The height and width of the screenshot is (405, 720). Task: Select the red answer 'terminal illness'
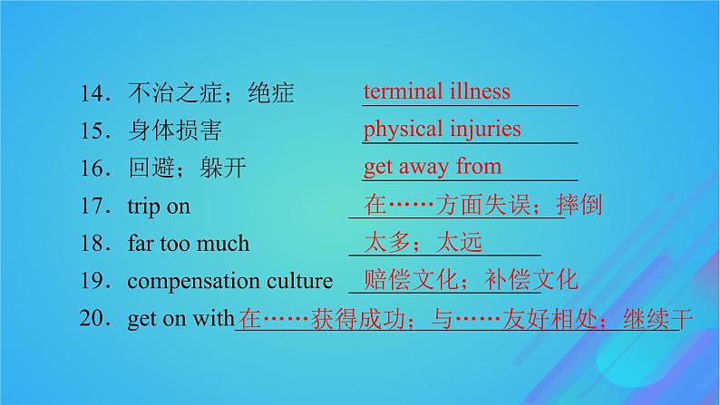[x=436, y=92]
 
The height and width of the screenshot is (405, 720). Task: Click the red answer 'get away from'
[x=432, y=167]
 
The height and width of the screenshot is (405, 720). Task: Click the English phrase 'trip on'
[x=159, y=207]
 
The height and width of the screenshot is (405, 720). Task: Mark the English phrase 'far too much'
[x=188, y=244]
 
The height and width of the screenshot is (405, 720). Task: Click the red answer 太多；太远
[x=423, y=242]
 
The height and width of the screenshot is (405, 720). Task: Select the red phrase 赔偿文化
[x=399, y=279]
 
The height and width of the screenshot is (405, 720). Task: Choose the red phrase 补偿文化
[x=526, y=279]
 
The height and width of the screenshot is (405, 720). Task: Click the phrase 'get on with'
[x=180, y=319]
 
